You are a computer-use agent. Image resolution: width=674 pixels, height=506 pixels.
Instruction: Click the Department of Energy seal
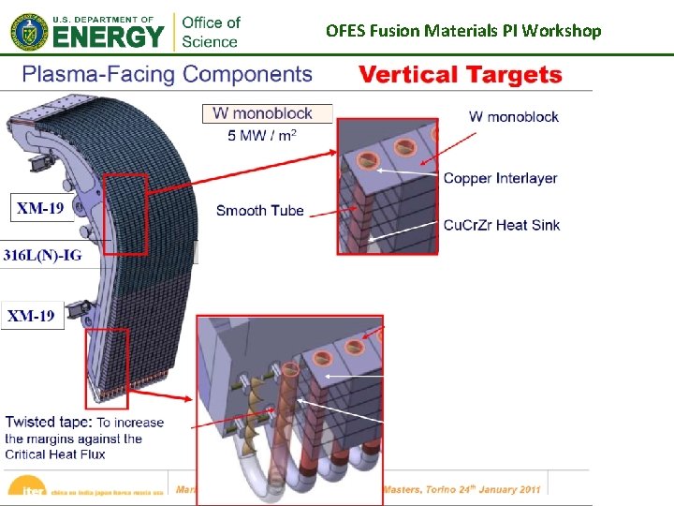26,32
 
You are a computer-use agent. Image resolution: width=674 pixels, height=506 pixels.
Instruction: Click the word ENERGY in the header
107,38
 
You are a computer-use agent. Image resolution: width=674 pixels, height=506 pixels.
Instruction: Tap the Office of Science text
211,31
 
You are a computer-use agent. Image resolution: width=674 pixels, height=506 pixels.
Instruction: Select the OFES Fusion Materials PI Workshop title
463,31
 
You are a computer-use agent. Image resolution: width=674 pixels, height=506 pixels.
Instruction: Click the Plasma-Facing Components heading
167,74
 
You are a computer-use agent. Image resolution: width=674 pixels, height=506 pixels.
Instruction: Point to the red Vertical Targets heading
461,75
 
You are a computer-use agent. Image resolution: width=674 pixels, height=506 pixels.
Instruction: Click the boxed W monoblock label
268,113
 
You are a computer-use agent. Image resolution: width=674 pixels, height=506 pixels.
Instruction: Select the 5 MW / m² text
262,135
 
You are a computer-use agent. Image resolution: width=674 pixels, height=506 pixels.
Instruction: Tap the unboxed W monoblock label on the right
514,116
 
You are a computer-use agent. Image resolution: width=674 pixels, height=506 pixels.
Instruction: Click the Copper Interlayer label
500,178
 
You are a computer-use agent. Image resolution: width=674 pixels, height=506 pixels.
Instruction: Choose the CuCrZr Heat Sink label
502,224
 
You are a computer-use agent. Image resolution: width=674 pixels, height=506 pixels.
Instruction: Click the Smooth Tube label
259,210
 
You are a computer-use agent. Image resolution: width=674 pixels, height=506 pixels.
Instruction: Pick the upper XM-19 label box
40,208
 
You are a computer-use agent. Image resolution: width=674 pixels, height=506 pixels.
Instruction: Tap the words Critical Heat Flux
55,454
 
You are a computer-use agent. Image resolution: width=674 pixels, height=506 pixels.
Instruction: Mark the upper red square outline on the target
125,214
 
